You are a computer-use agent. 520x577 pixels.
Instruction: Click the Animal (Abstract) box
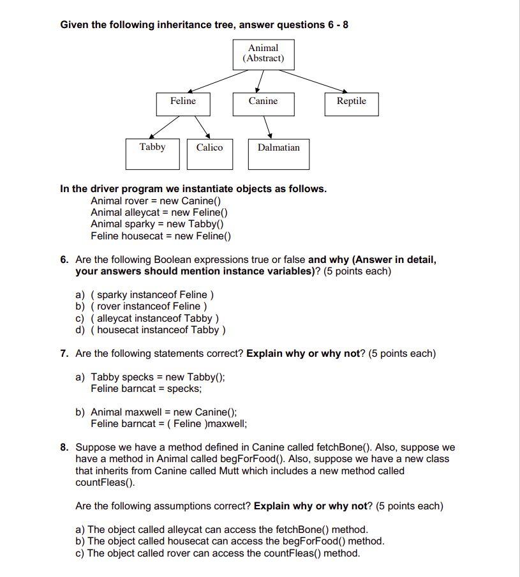[263, 53]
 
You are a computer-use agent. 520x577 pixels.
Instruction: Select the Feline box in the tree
[184, 103]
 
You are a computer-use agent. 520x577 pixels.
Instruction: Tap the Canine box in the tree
[263, 103]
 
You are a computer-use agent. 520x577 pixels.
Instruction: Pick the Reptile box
[351, 103]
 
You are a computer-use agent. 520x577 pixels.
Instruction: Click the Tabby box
[152, 153]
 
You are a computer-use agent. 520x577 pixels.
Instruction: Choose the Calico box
[209, 153]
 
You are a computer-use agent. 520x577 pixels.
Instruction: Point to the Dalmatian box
[278, 153]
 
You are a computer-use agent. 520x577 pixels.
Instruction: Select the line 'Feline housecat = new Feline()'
[161, 236]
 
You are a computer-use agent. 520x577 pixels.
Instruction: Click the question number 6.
[64, 260]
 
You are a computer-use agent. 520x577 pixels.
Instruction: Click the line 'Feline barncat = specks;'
[146, 388]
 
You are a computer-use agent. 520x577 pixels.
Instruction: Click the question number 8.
[64, 447]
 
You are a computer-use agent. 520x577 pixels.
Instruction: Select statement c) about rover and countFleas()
[217, 553]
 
